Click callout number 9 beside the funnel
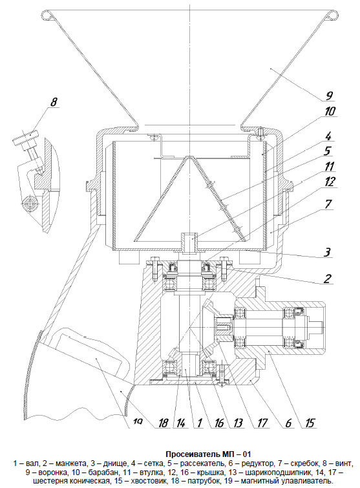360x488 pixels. click(328, 96)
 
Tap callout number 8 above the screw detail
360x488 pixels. click(54, 101)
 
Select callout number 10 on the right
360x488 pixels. click(329, 111)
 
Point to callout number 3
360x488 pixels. click(326, 251)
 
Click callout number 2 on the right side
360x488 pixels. click(328, 278)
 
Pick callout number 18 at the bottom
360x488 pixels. click(164, 422)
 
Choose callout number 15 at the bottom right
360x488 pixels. click(310, 422)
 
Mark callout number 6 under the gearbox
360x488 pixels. click(288, 422)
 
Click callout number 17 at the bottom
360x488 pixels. click(262, 422)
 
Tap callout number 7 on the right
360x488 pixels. click(328, 204)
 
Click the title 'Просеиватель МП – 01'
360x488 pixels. click(208, 454)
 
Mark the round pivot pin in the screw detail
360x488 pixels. click(30, 204)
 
